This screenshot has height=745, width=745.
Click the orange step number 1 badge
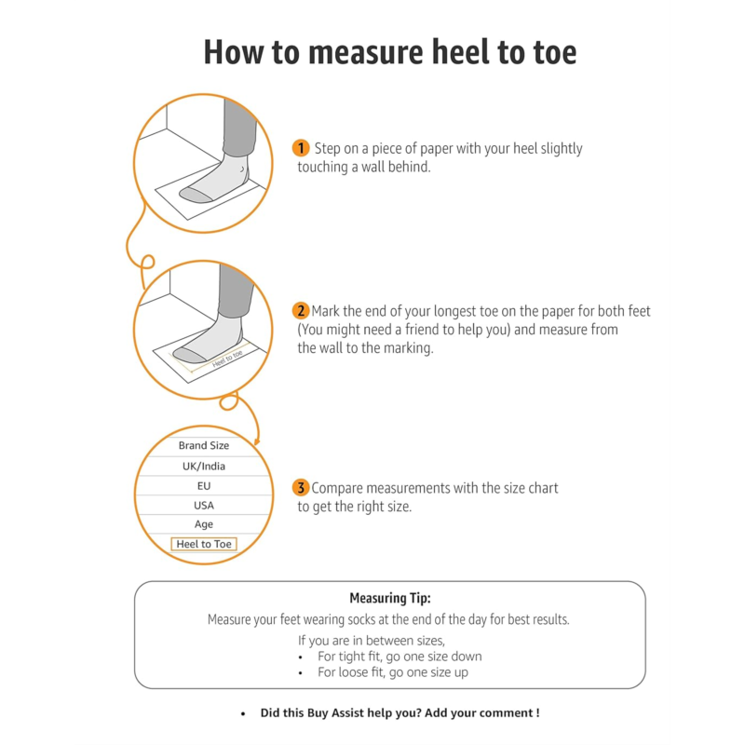(300, 148)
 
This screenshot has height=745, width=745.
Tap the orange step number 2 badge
(300, 311)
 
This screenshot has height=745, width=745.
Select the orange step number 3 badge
(300, 487)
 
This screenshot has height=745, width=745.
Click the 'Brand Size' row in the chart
(204, 446)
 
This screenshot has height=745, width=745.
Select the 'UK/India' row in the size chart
(204, 467)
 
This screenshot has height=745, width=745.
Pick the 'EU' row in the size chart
(204, 486)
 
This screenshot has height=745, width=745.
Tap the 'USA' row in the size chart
(204, 506)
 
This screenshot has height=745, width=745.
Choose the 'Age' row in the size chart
(204, 524)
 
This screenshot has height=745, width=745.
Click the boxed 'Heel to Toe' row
(204, 544)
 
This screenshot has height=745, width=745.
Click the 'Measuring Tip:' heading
(390, 598)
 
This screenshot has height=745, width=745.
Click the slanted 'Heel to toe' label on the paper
(227, 359)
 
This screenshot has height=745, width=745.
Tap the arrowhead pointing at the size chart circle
(257, 441)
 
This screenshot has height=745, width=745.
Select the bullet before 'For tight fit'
(300, 657)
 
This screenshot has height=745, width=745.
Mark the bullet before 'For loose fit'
(300, 673)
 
